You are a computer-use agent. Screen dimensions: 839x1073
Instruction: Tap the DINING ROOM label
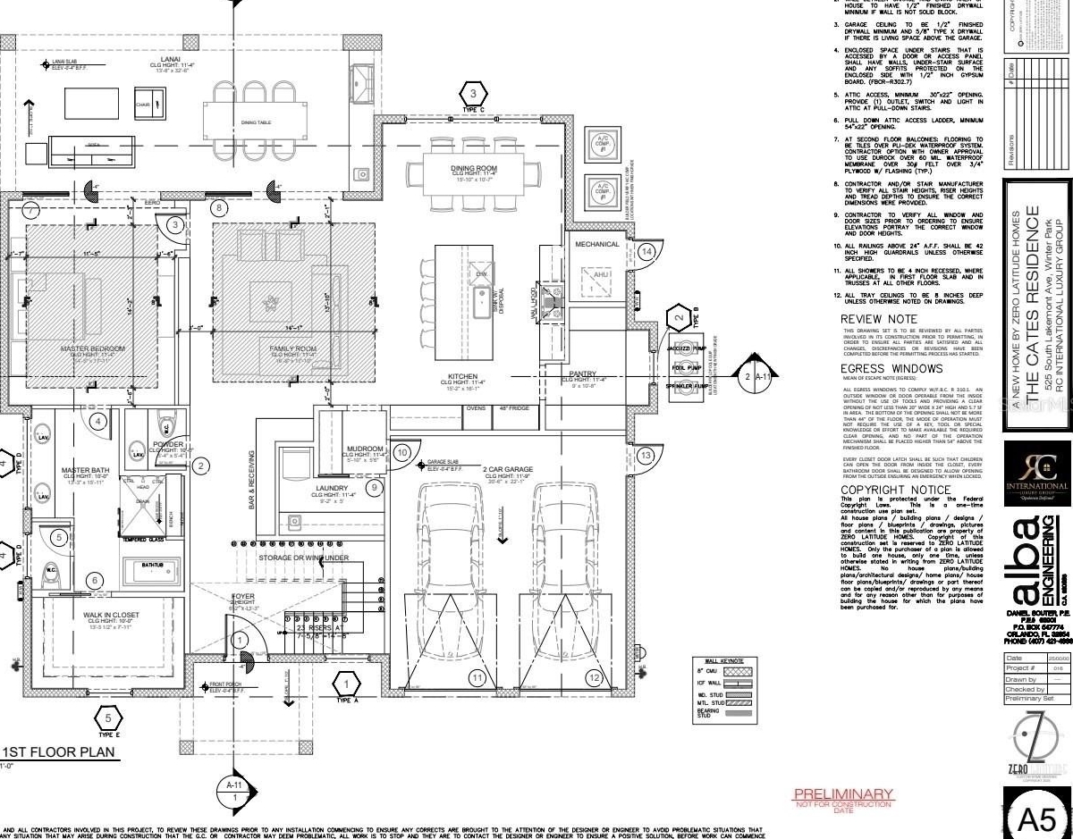473,168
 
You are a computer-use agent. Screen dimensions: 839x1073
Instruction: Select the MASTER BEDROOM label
92,348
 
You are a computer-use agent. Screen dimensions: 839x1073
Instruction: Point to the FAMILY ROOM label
288,348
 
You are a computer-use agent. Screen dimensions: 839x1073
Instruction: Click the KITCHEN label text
463,376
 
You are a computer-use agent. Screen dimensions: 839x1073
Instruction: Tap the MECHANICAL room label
596,244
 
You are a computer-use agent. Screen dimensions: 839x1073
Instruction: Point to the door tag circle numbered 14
646,253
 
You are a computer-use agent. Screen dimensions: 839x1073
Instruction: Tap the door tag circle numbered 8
219,208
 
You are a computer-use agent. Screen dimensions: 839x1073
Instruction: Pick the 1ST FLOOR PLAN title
59,752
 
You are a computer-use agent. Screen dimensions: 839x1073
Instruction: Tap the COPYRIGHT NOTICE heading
895,491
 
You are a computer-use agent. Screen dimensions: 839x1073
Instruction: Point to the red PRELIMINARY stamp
843,793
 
